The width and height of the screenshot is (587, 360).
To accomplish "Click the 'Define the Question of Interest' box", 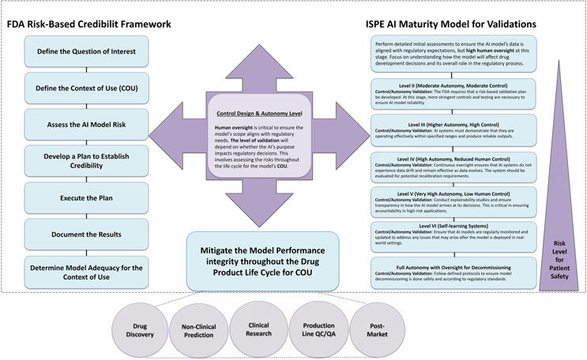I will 85,52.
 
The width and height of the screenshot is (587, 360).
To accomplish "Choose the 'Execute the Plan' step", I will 85,199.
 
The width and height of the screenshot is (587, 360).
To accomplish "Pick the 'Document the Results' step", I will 85,234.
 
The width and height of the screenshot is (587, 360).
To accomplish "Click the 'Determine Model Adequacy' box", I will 85,273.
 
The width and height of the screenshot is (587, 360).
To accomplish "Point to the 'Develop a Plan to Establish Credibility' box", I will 85,160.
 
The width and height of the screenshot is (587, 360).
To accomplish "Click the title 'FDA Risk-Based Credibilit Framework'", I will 88,24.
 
